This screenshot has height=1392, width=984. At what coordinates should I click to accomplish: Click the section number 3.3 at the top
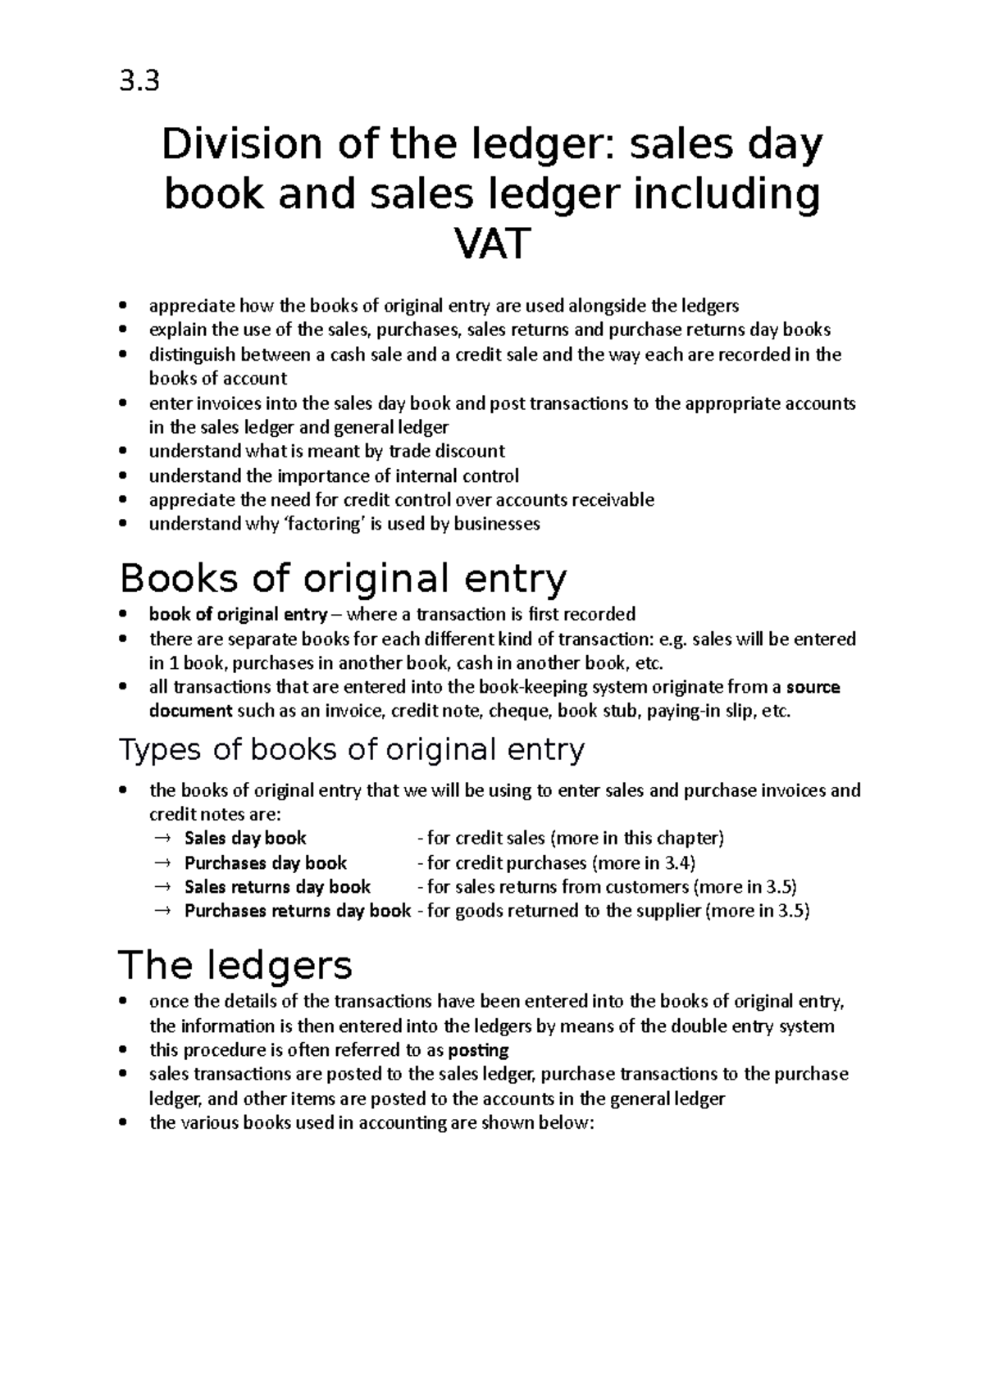click(139, 81)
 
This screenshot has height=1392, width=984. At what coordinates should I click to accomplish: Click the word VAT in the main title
click(492, 244)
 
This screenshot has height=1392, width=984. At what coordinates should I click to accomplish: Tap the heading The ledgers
click(235, 965)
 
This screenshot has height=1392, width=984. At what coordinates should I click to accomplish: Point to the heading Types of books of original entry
click(352, 749)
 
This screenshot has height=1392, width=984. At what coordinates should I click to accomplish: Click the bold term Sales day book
click(245, 838)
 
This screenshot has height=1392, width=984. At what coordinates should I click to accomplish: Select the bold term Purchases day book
click(265, 862)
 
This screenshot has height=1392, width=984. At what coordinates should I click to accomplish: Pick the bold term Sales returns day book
click(277, 886)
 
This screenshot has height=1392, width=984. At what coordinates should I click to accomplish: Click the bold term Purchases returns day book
click(297, 911)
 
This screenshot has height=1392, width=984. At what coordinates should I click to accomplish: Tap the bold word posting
click(479, 1050)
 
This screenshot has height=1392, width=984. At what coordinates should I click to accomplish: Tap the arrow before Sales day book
click(161, 839)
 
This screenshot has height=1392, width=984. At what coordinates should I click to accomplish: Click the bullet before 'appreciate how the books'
click(123, 307)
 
